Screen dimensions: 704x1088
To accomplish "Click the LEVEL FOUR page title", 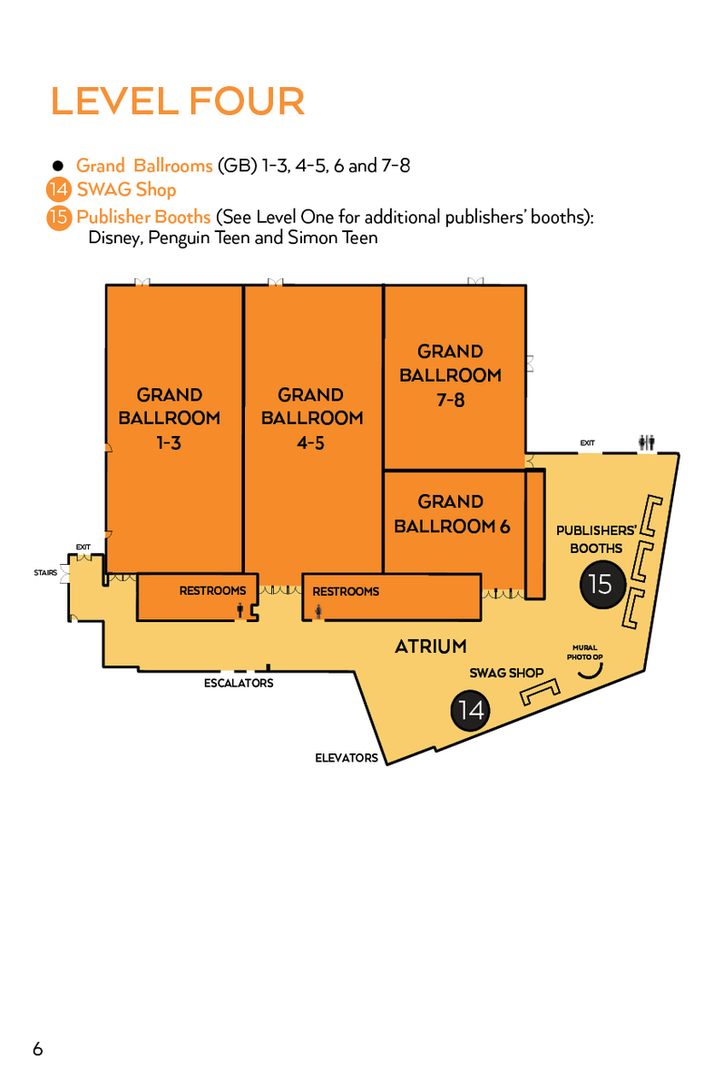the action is pyautogui.click(x=178, y=101).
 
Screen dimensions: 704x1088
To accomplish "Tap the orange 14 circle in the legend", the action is pyautogui.click(x=57, y=190).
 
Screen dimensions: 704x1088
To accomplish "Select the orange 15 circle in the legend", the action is pyautogui.click(x=57, y=219).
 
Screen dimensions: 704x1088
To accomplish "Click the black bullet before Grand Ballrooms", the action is pyautogui.click(x=57, y=166).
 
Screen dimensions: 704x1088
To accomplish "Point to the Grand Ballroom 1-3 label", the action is pyautogui.click(x=169, y=418).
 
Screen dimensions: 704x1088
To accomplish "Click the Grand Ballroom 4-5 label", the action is pyautogui.click(x=311, y=418).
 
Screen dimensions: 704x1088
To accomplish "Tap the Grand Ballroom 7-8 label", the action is pyautogui.click(x=450, y=374).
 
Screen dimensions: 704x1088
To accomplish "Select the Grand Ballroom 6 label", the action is pyautogui.click(x=451, y=513).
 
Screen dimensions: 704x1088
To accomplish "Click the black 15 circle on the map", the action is pyautogui.click(x=601, y=584).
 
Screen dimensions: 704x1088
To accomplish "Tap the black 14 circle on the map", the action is pyautogui.click(x=471, y=710).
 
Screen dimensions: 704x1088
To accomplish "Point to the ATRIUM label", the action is pyautogui.click(x=431, y=646).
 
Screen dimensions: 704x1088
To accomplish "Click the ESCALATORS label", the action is pyautogui.click(x=239, y=683).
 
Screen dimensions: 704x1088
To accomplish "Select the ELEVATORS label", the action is pyautogui.click(x=347, y=757).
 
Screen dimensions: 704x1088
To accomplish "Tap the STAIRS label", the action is pyautogui.click(x=45, y=573).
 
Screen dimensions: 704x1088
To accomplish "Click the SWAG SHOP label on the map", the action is pyautogui.click(x=506, y=673).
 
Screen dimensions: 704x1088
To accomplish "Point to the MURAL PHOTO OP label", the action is pyautogui.click(x=585, y=652).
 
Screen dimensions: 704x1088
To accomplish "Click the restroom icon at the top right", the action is pyautogui.click(x=647, y=442).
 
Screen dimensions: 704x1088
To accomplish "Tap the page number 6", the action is pyautogui.click(x=37, y=1049).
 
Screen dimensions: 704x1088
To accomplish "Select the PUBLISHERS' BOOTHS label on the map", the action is pyautogui.click(x=596, y=539).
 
